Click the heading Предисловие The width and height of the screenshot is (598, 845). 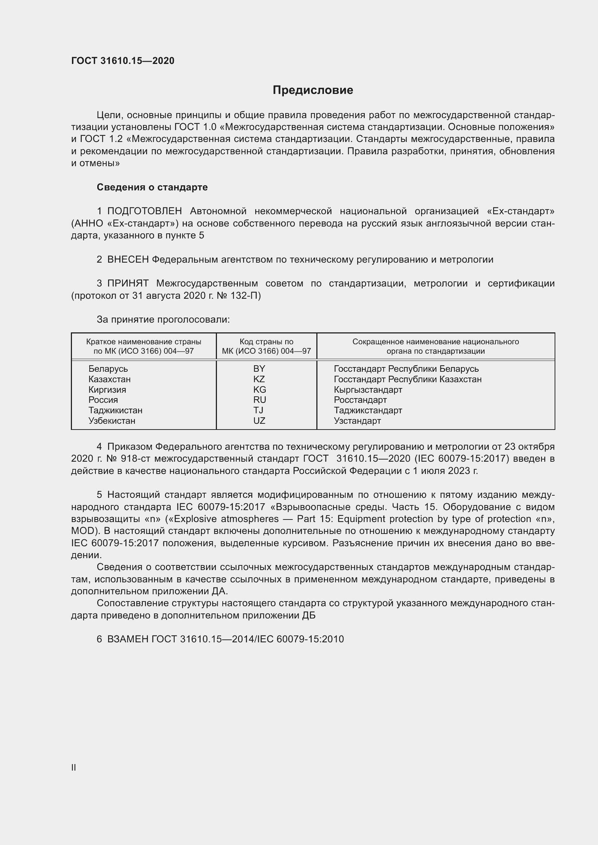(313, 90)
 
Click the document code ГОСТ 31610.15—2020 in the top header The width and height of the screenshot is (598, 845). (123, 61)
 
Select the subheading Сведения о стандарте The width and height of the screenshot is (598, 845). (152, 187)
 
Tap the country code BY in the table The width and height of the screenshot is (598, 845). (259, 369)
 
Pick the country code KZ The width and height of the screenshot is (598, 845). (259, 379)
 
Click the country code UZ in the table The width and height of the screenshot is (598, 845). (259, 421)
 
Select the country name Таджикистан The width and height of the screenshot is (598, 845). (115, 410)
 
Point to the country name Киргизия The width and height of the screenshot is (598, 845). (107, 390)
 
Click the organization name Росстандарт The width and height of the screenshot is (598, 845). (360, 400)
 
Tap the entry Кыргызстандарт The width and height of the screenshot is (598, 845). (368, 390)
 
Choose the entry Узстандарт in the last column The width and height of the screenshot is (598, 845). (357, 421)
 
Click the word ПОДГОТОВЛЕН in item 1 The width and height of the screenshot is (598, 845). (144, 211)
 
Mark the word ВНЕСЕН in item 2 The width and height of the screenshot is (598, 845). (128, 260)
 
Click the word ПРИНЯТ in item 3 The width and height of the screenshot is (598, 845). (128, 283)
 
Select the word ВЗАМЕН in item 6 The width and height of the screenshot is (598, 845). (128, 639)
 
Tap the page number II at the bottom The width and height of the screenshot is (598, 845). (74, 768)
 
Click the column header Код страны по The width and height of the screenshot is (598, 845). (266, 342)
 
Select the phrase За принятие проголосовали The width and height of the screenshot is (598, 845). (163, 319)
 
